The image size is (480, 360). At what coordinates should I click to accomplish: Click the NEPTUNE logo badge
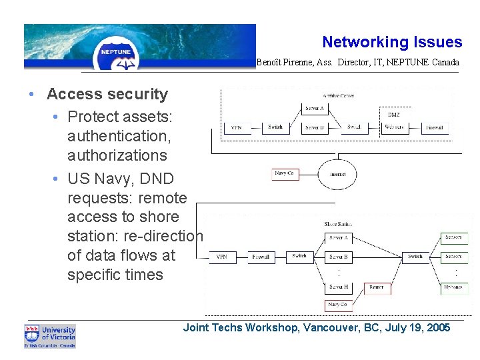[x=116, y=52]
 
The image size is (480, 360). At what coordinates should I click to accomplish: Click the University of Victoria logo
[x=50, y=336]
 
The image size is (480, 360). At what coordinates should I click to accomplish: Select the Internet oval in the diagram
[x=338, y=175]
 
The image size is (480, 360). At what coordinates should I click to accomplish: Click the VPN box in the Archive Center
[x=237, y=127]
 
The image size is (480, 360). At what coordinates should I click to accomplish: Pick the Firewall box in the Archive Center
[x=435, y=127]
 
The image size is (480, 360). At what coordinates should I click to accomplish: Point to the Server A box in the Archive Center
[x=315, y=108]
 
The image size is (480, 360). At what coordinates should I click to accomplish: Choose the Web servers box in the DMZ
[x=394, y=127]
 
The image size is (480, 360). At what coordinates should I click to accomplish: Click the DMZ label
[x=394, y=115]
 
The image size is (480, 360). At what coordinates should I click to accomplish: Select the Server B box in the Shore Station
[x=339, y=257]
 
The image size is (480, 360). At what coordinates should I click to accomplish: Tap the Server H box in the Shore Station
[x=339, y=287]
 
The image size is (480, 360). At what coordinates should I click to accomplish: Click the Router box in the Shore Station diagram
[x=376, y=287]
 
